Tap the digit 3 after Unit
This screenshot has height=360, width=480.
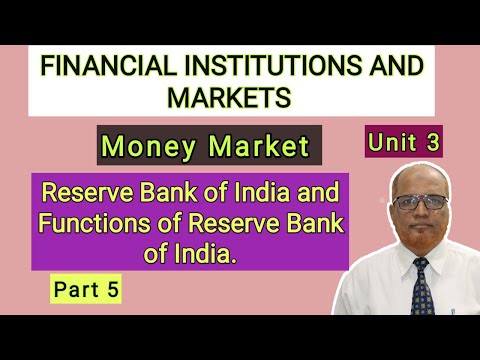tap(432, 142)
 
